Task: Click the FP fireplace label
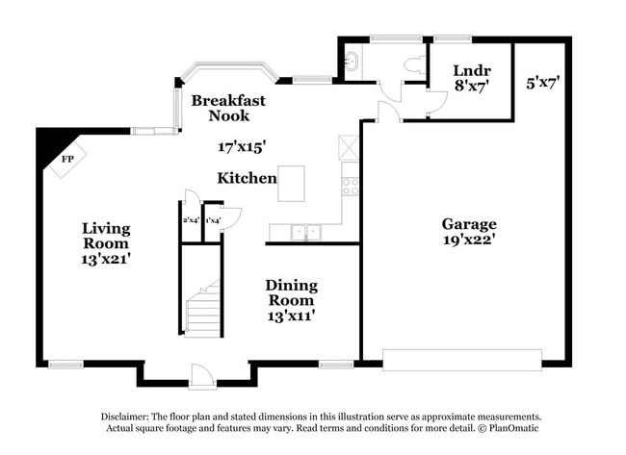(67, 159)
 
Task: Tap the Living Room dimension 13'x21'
(106, 258)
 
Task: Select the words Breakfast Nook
(227, 108)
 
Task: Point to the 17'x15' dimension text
(241, 146)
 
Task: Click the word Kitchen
(247, 178)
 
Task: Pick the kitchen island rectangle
(291, 183)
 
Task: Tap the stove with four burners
(351, 183)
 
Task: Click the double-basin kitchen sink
(306, 232)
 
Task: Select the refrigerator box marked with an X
(349, 147)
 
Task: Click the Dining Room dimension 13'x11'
(291, 314)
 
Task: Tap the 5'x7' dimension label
(542, 84)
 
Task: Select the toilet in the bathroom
(415, 63)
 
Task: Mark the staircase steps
(204, 308)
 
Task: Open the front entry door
(199, 373)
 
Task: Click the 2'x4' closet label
(191, 221)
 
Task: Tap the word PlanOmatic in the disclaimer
(512, 428)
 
